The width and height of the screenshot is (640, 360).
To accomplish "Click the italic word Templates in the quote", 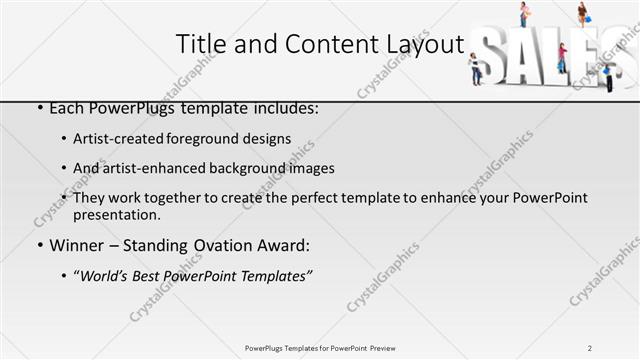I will [273, 276].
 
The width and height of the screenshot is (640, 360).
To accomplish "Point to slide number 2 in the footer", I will [590, 347].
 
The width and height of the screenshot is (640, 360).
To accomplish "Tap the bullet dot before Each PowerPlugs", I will [39, 108].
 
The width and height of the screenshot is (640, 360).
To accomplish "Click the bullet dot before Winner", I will [39, 245].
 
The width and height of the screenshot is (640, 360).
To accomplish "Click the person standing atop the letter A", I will [523, 14].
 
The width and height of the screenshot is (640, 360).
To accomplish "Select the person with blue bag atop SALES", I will [582, 14].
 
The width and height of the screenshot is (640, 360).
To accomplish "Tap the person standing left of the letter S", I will [476, 67].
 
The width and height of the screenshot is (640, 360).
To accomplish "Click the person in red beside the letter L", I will [563, 58].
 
